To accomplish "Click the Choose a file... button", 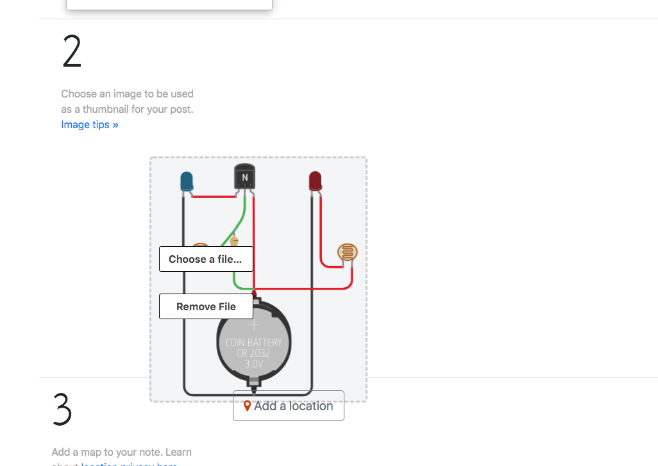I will (206, 259).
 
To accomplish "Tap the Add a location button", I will (289, 406).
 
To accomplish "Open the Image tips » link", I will (90, 124).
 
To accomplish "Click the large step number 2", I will (72, 52).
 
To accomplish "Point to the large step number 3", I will (62, 409).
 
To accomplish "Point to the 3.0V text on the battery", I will (254, 364).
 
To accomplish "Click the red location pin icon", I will (247, 406).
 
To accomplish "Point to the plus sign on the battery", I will (254, 326).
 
